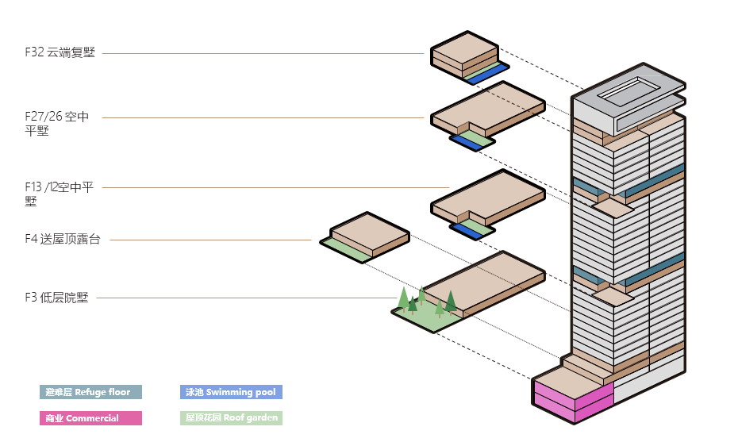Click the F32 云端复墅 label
[x=60, y=53]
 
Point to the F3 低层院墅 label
[x=56, y=298]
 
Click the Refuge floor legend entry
[x=90, y=392]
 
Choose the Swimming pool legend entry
[x=231, y=392]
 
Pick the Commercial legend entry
[x=90, y=418]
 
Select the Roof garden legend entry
[x=231, y=418]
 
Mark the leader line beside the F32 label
[x=262, y=54]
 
